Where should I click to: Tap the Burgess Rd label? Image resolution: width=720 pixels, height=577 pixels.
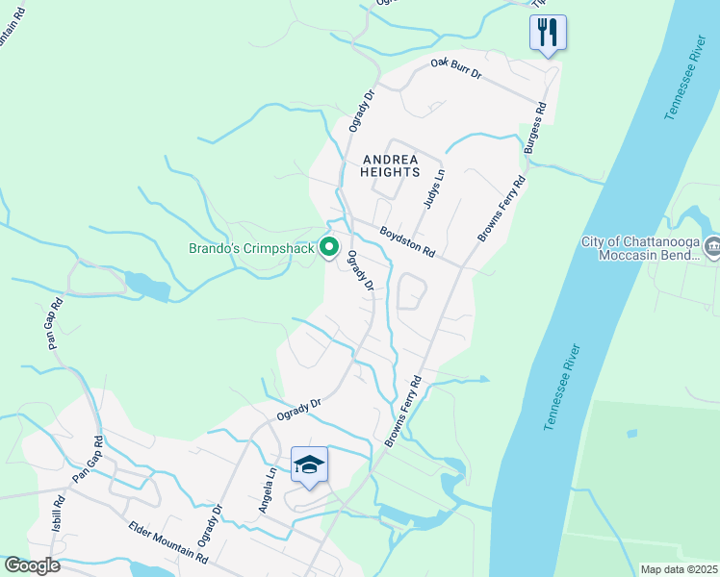534,129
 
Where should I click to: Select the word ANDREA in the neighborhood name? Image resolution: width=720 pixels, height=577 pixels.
390,159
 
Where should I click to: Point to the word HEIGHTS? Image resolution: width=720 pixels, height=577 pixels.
390,172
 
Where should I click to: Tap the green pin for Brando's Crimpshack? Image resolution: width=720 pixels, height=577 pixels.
328,248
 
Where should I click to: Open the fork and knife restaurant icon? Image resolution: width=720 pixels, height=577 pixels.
548,33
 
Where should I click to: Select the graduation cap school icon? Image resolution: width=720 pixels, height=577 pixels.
309,465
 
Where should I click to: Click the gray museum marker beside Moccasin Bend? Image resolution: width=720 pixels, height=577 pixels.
712,246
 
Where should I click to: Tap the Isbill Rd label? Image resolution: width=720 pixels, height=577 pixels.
58,514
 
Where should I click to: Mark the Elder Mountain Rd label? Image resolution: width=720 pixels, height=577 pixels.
168,542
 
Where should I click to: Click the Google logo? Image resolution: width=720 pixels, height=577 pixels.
32,565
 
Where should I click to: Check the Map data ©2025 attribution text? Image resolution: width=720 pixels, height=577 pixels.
680,569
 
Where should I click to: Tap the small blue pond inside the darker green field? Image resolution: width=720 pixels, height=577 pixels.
631,433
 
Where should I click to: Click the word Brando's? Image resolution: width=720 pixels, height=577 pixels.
213,250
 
